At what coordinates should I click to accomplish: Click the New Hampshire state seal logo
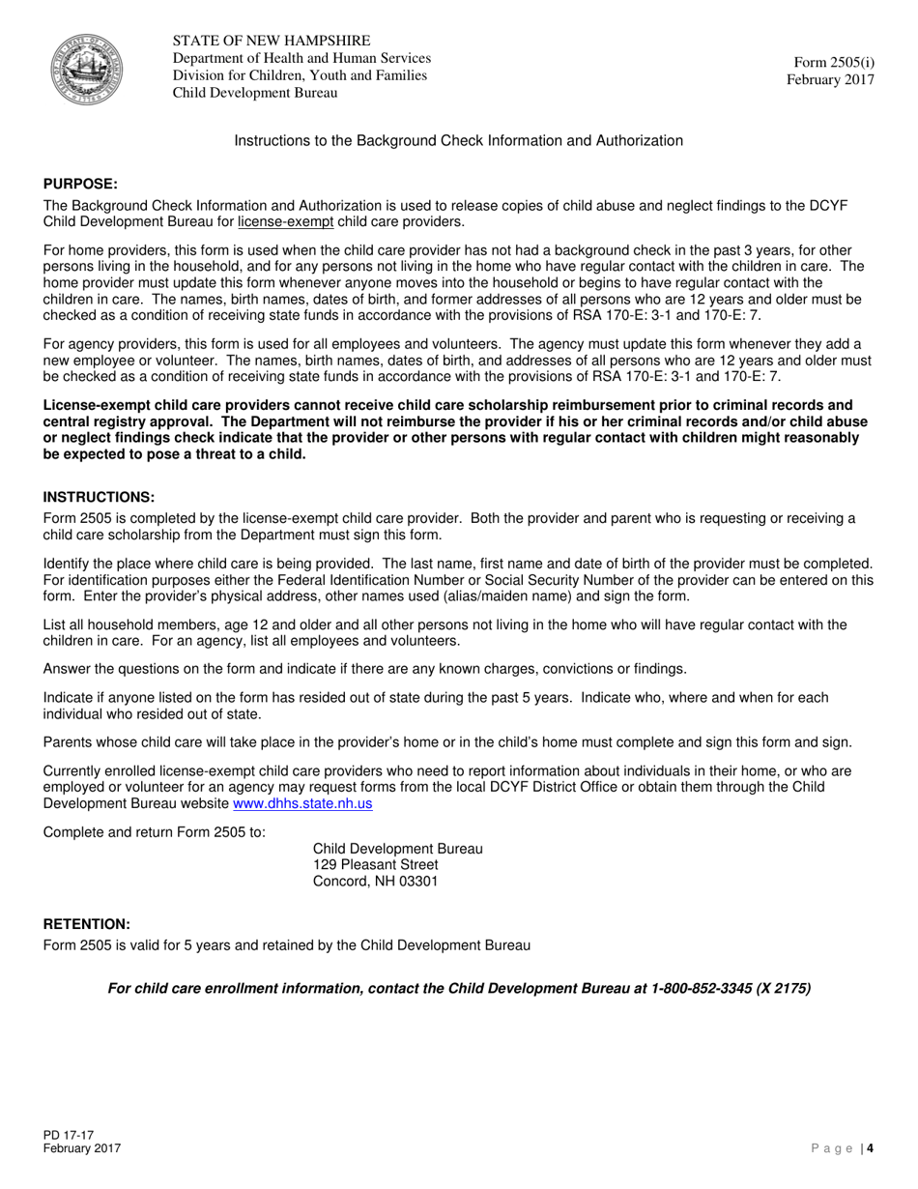tap(86, 68)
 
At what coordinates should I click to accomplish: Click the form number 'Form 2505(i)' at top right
tap(831, 62)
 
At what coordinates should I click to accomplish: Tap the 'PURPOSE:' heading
tap(81, 184)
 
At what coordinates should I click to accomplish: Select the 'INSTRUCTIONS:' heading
tap(99, 497)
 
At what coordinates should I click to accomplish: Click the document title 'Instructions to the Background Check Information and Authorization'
tap(458, 141)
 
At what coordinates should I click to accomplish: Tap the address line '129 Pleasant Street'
tap(376, 864)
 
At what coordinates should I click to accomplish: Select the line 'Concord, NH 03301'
tap(376, 882)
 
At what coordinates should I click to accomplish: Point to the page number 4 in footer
tap(870, 1148)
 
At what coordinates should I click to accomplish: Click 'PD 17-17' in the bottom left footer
tap(69, 1135)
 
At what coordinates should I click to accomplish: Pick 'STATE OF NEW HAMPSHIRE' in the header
tap(272, 41)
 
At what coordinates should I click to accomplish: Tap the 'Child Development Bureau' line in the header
tap(255, 93)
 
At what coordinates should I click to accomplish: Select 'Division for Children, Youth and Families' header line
tap(300, 75)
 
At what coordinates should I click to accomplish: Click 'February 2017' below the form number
tap(830, 80)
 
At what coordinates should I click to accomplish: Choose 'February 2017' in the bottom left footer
tap(82, 1148)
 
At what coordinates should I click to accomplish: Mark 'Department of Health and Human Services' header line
tap(301, 58)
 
